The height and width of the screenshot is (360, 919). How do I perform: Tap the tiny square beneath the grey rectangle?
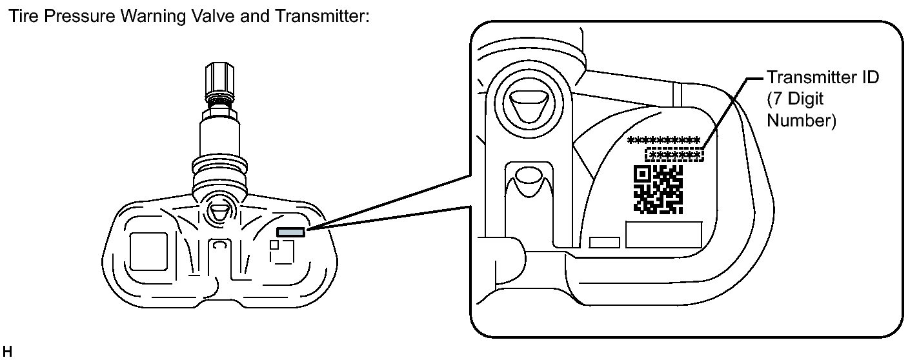(x=274, y=245)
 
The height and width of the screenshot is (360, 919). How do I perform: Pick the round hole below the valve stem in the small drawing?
(x=219, y=212)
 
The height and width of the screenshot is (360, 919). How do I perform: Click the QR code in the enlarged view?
(x=658, y=189)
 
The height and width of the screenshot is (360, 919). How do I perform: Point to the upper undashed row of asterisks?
(x=664, y=139)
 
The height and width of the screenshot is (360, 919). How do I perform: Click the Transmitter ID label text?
(x=822, y=77)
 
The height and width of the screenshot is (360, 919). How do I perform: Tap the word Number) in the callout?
(x=800, y=121)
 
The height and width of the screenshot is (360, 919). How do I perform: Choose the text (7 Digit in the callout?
(x=796, y=99)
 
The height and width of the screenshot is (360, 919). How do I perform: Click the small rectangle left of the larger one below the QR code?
(x=605, y=242)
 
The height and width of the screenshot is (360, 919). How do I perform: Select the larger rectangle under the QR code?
(x=663, y=235)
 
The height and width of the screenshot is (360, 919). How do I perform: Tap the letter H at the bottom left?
(x=7, y=353)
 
